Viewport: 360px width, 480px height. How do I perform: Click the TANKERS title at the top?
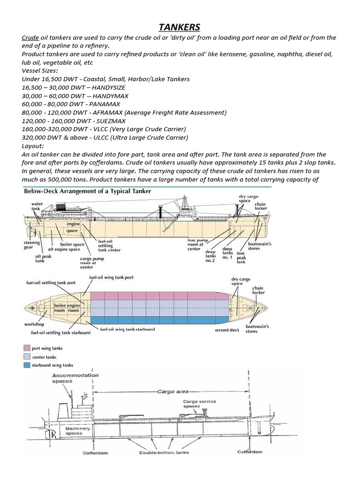[180, 27]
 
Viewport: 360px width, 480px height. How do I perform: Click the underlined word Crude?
[30, 37]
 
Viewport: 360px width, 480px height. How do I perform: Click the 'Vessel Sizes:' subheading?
[40, 70]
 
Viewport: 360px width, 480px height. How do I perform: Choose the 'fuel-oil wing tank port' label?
[112, 277]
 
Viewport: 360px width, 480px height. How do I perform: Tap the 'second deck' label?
[227, 330]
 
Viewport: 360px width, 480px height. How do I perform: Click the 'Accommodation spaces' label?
[68, 378]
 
